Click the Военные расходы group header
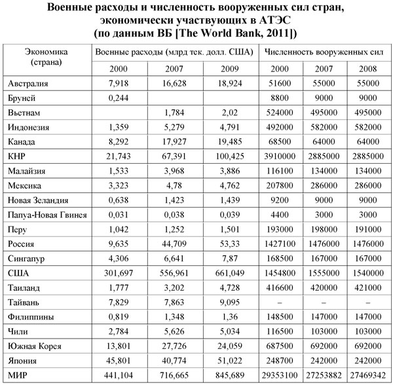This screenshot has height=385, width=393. pos(174,50)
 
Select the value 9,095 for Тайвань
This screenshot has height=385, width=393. pos(231,302)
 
